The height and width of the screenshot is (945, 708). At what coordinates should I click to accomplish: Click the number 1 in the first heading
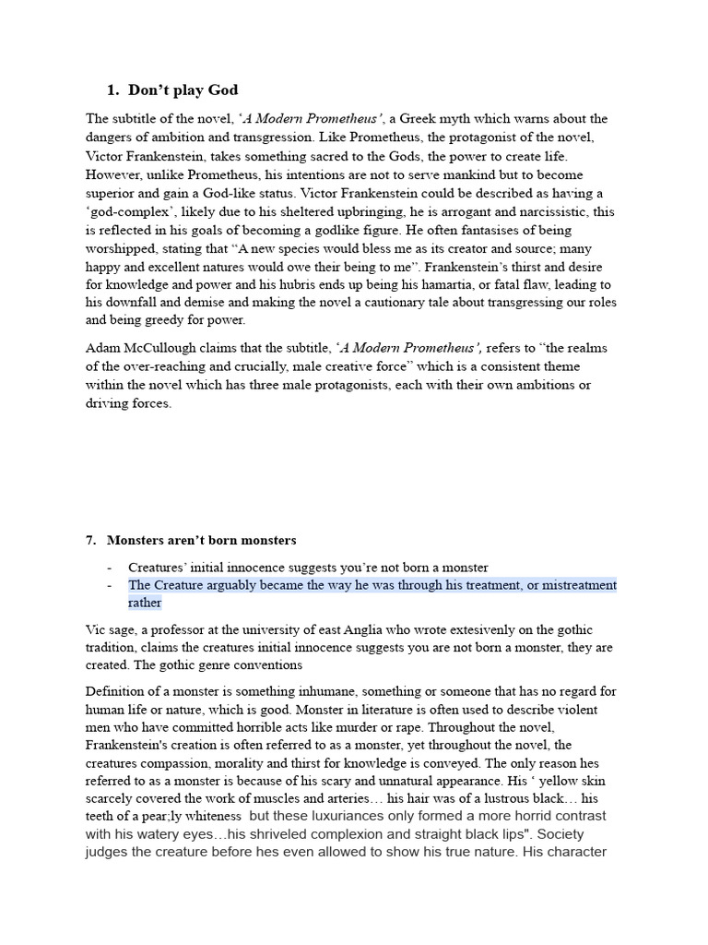tap(111, 90)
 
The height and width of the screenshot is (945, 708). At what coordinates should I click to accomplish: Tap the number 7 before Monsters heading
tap(89, 540)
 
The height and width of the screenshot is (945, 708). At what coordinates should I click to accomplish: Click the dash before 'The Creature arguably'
tap(109, 585)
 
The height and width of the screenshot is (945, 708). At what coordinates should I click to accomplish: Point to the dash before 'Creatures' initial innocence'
tap(109, 567)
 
